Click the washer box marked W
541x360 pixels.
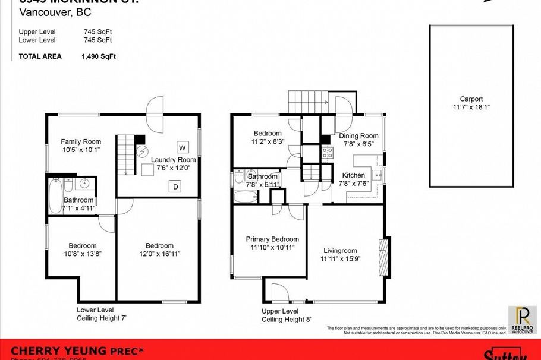[183, 147]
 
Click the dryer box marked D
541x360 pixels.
[175, 187]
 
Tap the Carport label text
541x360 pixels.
[471, 99]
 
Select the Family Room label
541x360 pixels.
[81, 141]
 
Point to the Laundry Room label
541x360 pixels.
[173, 160]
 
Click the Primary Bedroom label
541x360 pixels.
[272, 239]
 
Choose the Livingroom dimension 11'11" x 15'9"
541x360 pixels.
[341, 259]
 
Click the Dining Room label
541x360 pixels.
[358, 136]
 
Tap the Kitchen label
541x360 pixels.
[353, 175]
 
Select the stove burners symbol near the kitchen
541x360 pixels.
[326, 151]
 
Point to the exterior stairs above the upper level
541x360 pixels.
[307, 102]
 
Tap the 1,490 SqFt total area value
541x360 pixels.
[99, 57]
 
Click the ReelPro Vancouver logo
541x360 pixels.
[522, 319]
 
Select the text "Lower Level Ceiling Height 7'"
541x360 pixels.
[102, 314]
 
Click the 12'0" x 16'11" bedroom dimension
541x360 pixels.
[159, 254]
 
